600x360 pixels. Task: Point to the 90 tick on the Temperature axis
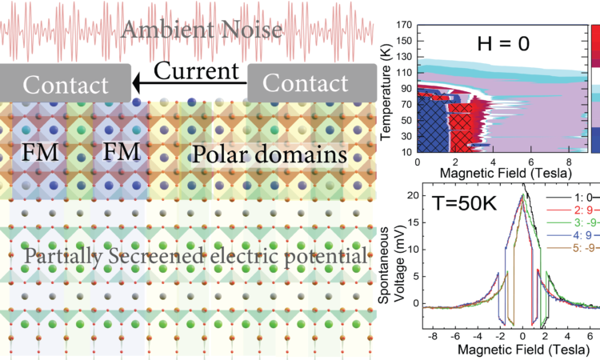[x=406, y=87]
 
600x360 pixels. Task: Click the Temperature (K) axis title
[x=386, y=88]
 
